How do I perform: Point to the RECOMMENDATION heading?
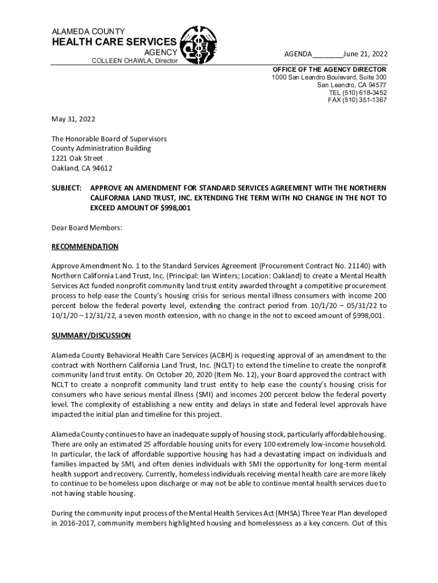(85, 247)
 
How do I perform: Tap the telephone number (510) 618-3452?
(366, 92)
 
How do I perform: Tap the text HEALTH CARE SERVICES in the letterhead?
(114, 42)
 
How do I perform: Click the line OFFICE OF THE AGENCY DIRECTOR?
(330, 69)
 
